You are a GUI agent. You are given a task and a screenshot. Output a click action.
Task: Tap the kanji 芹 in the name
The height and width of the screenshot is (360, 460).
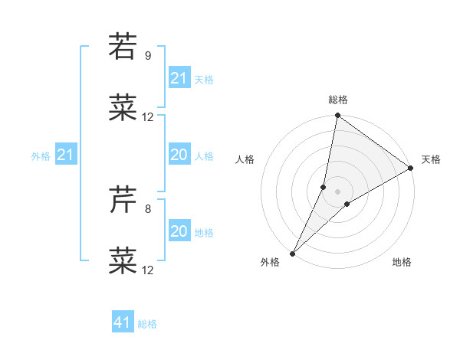(123, 201)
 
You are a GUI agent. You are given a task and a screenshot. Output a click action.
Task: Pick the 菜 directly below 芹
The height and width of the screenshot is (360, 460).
(123, 260)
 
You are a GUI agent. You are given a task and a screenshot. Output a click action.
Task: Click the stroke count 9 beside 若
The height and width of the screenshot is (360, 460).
(147, 56)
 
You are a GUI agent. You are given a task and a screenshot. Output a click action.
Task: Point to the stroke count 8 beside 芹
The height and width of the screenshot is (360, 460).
(147, 208)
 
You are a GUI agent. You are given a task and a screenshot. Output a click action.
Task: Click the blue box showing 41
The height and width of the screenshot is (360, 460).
(123, 322)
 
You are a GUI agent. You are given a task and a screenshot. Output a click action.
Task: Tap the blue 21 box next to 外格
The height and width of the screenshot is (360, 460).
(65, 155)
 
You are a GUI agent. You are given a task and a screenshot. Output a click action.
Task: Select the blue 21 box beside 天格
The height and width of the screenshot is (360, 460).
(179, 78)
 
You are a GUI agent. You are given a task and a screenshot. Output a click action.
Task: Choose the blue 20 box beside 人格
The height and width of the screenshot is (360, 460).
(179, 155)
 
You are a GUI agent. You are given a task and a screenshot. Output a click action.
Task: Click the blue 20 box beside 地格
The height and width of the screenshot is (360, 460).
(179, 231)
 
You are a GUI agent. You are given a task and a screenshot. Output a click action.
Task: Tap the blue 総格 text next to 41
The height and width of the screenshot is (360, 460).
(147, 324)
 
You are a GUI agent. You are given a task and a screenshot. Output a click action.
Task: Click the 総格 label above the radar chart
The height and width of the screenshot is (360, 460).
(338, 100)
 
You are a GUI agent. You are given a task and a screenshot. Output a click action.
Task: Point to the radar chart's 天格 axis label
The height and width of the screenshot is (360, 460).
(431, 159)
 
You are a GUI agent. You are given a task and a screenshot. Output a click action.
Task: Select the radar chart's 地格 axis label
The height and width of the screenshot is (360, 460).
(402, 263)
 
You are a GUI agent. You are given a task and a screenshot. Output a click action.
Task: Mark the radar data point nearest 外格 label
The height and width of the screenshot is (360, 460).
(292, 253)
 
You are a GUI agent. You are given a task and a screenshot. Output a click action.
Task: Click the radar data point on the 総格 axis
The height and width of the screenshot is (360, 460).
(337, 116)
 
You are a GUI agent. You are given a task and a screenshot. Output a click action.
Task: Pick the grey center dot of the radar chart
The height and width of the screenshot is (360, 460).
(337, 191)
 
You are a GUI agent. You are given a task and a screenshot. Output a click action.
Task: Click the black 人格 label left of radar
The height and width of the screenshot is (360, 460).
(245, 159)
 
